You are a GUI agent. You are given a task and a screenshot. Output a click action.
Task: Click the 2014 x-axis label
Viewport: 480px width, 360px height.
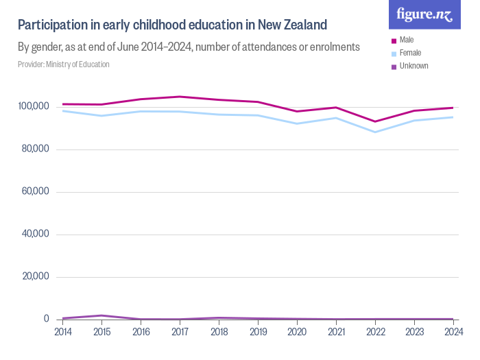click(62, 331)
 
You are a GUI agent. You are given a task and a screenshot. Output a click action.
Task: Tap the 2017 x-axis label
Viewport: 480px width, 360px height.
click(180, 331)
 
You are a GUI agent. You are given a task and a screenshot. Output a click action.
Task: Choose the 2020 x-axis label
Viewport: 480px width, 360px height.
click(297, 331)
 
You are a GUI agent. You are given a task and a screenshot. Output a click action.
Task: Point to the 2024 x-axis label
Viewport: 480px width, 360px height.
click(453, 331)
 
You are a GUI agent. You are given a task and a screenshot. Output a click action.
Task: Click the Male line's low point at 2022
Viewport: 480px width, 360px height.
click(375, 121)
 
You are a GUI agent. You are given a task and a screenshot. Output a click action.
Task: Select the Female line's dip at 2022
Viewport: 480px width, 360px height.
click(375, 132)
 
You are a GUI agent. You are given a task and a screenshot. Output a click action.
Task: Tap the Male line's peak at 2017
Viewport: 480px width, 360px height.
click(180, 97)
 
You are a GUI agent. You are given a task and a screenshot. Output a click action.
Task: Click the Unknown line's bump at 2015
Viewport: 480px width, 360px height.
click(101, 315)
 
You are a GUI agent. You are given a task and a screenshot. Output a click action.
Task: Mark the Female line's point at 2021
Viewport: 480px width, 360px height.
click(336, 118)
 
